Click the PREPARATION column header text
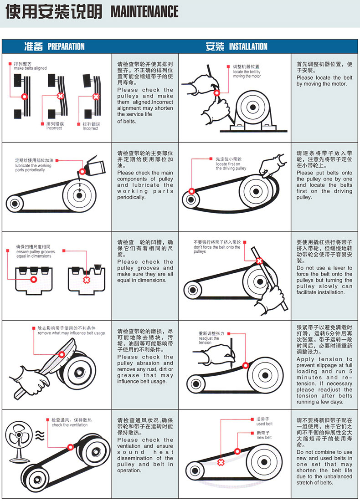click(x=66, y=46)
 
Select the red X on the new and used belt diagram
click(x=221, y=462)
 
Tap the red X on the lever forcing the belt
click(x=259, y=261)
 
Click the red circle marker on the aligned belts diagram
click(x=24, y=97)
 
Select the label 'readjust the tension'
click(x=209, y=340)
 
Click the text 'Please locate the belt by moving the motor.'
click(x=324, y=81)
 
